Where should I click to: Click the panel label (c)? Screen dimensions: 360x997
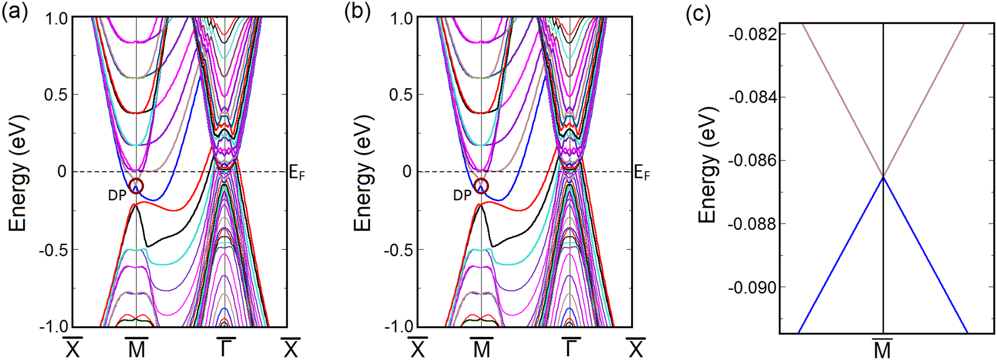click(x=698, y=15)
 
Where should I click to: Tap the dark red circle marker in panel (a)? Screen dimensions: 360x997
click(x=136, y=186)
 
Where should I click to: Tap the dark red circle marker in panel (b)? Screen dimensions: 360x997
click(x=481, y=186)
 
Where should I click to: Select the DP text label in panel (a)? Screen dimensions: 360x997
click(x=117, y=196)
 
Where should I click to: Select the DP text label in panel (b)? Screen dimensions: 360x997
click(x=462, y=196)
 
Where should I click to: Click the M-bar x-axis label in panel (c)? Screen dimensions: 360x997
click(x=883, y=348)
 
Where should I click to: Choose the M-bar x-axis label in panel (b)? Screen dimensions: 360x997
click(x=481, y=347)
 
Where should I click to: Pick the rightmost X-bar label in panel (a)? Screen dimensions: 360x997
click(x=291, y=347)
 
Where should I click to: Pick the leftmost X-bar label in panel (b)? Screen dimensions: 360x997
click(x=418, y=347)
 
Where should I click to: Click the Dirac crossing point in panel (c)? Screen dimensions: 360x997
click(x=884, y=177)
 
